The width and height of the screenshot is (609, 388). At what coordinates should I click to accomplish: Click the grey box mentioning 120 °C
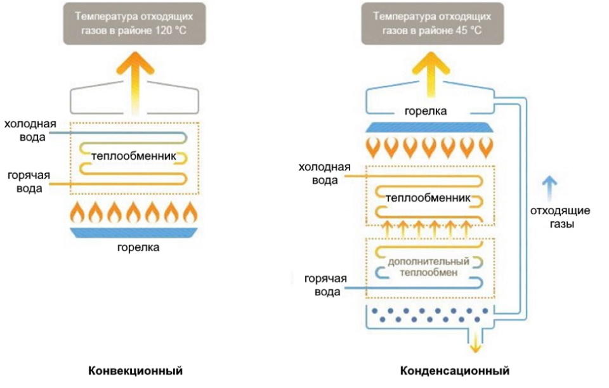[133, 23]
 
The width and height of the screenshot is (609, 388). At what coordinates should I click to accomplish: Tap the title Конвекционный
[135, 370]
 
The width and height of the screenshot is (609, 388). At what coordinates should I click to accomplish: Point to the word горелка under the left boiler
[138, 248]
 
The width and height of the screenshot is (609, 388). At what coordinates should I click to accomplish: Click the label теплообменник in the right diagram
[428, 198]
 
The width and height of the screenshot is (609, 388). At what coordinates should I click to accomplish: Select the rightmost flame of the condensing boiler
[485, 147]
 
